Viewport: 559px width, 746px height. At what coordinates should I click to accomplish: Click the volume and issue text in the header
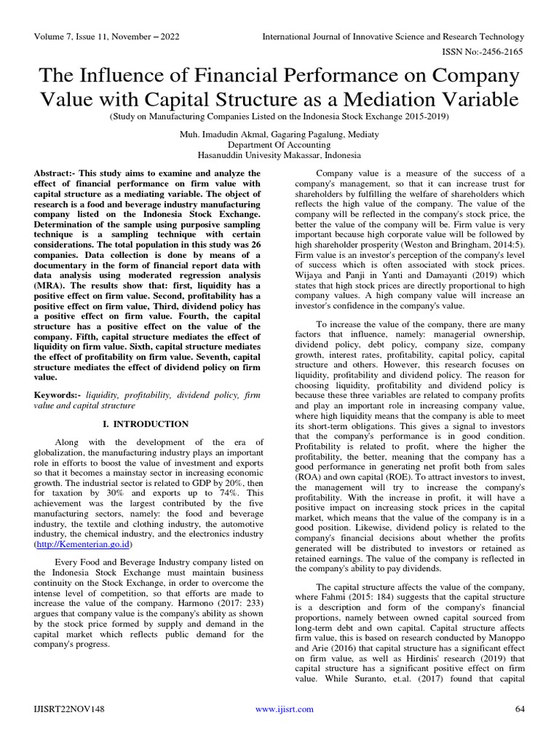103,36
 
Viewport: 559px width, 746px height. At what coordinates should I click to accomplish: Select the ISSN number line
483,53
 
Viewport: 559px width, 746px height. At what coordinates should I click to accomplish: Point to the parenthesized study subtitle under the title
279,116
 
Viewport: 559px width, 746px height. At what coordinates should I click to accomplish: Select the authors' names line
279,135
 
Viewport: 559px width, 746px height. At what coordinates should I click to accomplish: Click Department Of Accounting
279,144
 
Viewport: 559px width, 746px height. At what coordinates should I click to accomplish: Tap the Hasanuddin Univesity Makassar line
279,154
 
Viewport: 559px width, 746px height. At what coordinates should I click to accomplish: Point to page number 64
520,710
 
